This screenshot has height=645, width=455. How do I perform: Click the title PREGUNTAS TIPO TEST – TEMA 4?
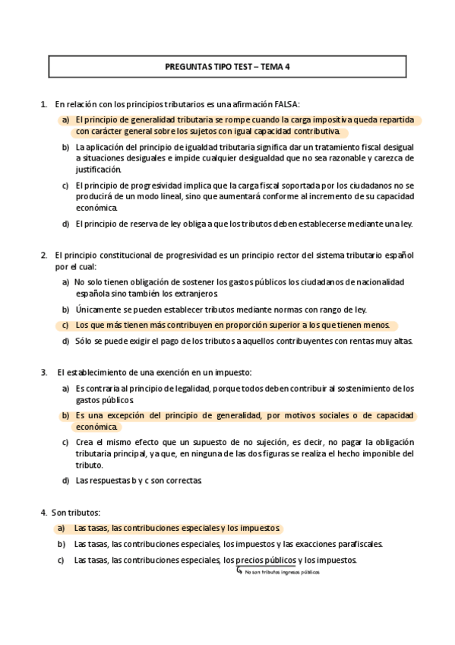(228, 67)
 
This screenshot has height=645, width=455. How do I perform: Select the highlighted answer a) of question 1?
(243, 126)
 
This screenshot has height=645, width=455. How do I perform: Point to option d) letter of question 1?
(65, 224)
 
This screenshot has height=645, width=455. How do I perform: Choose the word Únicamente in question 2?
(96, 310)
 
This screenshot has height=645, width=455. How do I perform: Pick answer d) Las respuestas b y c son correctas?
(137, 480)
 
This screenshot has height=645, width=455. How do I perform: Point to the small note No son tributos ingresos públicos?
(282, 572)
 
